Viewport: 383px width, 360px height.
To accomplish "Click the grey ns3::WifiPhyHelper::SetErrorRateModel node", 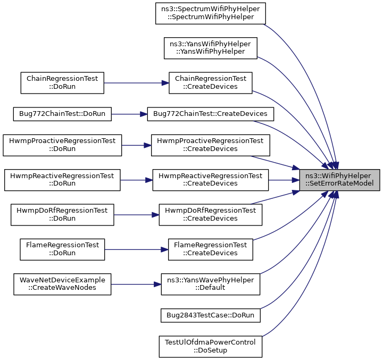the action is pos(340,180).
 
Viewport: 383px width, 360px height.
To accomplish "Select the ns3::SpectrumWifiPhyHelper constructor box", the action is pos(210,13).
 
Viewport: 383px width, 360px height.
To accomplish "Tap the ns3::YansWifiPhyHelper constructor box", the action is pos(210,48).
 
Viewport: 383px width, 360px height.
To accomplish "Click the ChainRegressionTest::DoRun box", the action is pos(62,83).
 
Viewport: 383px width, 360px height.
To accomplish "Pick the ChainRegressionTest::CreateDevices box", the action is pos(210,83).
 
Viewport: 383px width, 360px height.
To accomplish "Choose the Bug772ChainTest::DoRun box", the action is pos(62,114).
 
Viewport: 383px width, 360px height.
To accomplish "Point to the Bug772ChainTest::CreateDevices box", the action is pos(210,114).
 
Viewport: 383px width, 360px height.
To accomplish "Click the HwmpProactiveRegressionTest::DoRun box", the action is pos(62,145).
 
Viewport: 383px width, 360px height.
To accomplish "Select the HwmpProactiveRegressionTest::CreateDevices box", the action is pos(210,145).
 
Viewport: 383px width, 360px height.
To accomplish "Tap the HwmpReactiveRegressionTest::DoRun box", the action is pos(62,180).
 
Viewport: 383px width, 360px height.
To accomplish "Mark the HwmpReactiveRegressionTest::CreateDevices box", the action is pos(210,180).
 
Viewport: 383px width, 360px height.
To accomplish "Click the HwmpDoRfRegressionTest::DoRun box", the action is pos(62,215).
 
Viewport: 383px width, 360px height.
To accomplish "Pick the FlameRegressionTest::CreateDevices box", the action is pos(210,249).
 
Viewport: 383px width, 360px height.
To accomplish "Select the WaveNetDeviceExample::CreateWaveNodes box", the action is pos(62,284).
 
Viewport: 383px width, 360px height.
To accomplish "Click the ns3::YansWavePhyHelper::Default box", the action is pos(210,284).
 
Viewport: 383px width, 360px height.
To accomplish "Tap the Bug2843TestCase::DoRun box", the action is pos(210,315).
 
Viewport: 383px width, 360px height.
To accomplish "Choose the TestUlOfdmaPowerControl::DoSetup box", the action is pos(210,347).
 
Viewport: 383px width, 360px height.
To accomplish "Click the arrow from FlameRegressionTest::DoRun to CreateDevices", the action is pos(136,249).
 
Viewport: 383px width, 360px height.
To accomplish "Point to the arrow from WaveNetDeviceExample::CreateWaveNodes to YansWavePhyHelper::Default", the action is pos(136,284).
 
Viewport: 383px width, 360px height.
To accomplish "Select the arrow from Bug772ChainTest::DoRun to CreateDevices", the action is pos(129,114).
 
